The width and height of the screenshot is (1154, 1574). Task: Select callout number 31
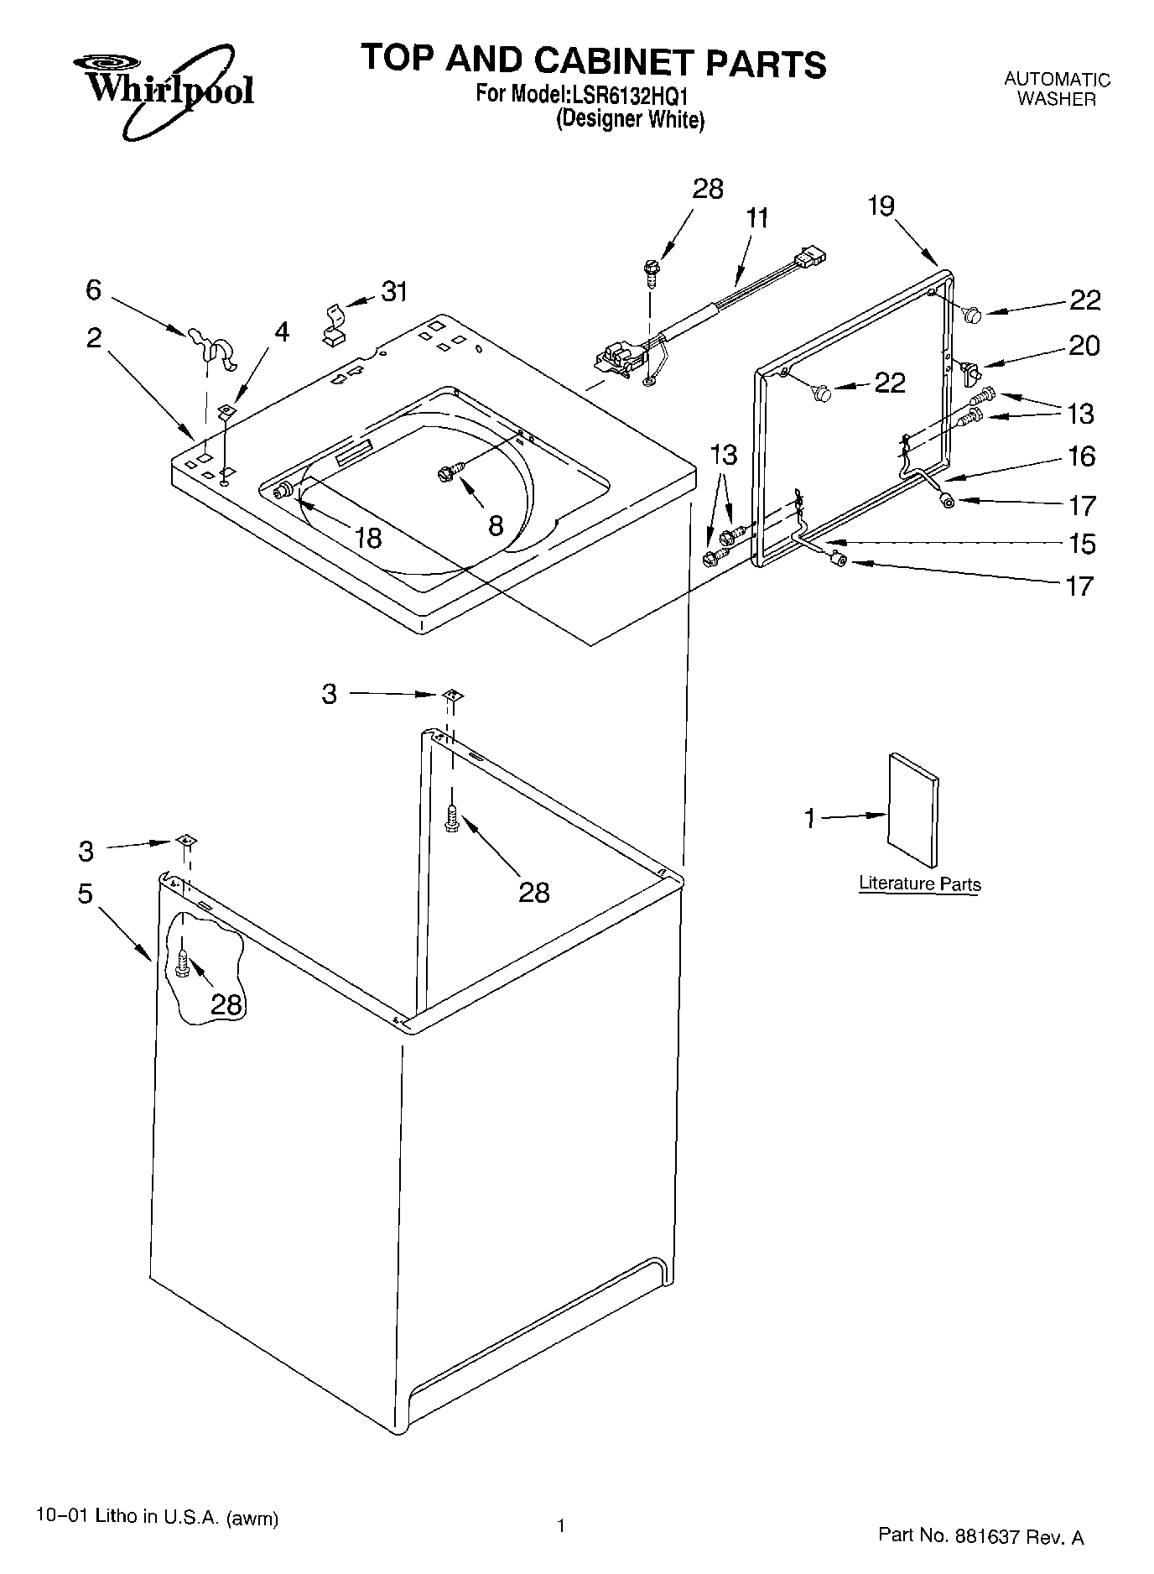tap(394, 292)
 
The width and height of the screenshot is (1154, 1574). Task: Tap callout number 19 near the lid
tap(881, 206)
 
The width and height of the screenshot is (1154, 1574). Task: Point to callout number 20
tap(1084, 346)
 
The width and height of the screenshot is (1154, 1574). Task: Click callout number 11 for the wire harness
tap(756, 218)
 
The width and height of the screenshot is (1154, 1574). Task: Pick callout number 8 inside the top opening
tap(496, 526)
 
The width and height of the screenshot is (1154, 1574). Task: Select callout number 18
tap(368, 537)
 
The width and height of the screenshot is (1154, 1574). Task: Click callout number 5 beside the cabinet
tap(86, 894)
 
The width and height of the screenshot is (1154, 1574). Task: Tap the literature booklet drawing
tap(912, 810)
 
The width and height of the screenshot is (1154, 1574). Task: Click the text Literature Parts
tap(919, 883)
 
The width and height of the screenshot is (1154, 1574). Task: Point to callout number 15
tap(1083, 544)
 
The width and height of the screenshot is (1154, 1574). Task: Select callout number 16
tap(1082, 456)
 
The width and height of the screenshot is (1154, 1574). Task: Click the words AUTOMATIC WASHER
tap(1057, 89)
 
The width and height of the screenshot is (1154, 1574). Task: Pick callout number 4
tap(282, 332)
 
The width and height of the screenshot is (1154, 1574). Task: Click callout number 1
tap(810, 818)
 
